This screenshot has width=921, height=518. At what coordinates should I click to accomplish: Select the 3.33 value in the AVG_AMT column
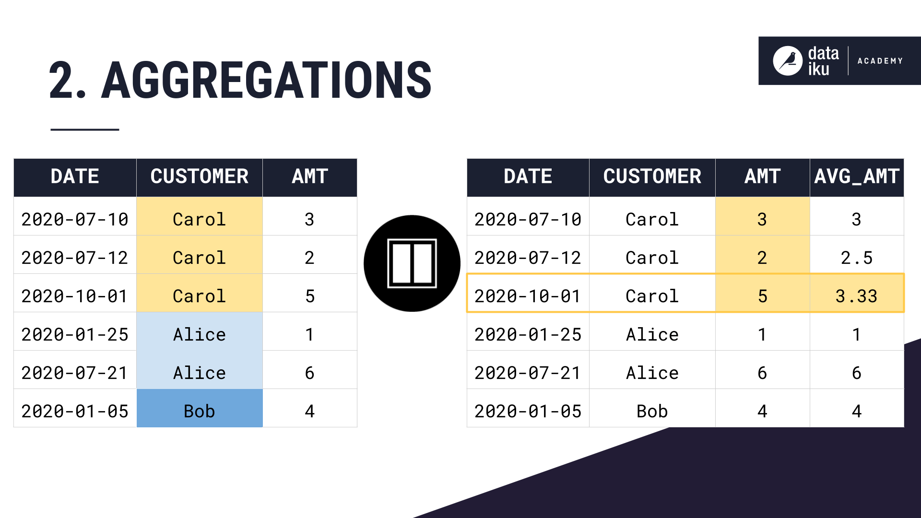point(856,295)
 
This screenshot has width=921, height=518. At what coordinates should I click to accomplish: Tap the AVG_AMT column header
point(856,177)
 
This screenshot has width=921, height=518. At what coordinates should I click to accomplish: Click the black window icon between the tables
point(412,263)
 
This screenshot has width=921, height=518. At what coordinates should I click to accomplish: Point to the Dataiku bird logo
point(787,61)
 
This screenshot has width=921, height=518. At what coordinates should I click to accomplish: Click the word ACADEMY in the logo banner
point(880,61)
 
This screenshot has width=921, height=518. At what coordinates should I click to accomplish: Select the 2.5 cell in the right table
point(856,258)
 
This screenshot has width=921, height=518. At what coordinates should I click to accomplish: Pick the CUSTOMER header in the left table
point(199,177)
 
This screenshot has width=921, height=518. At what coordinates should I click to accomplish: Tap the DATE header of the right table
point(528,177)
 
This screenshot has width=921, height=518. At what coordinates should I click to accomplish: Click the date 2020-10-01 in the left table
point(75,295)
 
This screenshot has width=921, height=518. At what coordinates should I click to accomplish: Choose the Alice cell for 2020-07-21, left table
point(199,372)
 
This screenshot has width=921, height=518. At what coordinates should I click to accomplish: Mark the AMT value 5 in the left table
point(309,295)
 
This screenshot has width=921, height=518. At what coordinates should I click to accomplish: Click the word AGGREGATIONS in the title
point(266,81)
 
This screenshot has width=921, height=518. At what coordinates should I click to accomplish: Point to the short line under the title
point(84,129)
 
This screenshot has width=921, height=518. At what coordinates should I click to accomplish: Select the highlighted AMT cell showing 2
point(762,258)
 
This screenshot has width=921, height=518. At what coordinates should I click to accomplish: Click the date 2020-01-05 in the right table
point(528,411)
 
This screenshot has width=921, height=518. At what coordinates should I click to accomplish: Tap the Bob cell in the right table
point(652,411)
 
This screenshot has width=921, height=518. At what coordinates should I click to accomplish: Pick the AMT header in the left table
point(309,177)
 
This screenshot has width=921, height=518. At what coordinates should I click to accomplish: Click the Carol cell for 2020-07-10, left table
point(199,219)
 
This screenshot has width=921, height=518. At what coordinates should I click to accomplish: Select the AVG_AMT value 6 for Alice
point(856,372)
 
